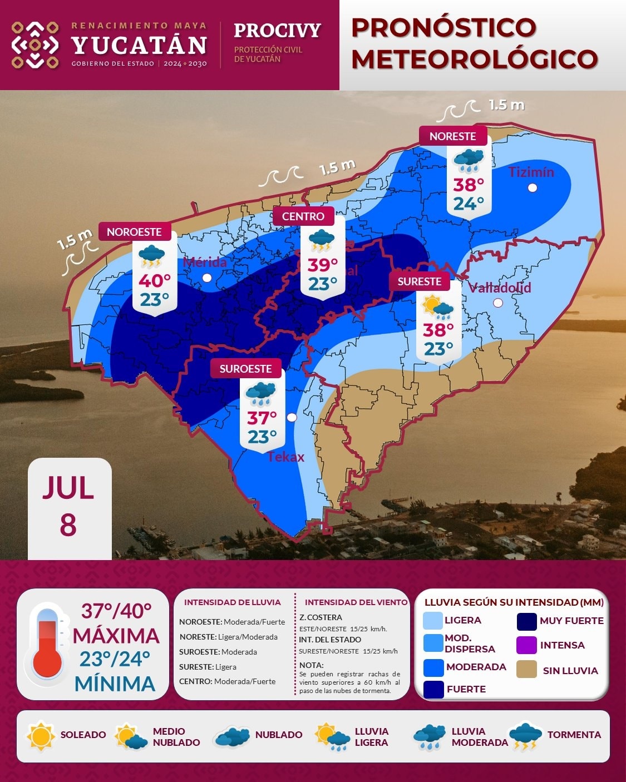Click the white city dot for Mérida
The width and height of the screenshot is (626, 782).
(x=207, y=278)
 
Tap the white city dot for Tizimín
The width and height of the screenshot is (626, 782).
(x=533, y=187)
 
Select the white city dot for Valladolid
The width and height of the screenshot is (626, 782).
(x=498, y=303)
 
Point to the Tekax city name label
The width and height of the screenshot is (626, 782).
(x=286, y=457)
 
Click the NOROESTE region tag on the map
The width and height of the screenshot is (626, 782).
(x=134, y=231)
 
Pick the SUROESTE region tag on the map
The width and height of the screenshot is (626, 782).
(x=245, y=369)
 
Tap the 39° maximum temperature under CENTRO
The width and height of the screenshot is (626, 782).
(x=323, y=265)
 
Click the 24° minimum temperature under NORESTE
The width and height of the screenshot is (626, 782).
(x=469, y=204)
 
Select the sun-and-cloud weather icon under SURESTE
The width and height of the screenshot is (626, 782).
(x=438, y=308)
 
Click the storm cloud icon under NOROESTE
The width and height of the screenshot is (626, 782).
(x=151, y=256)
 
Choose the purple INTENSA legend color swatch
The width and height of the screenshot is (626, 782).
(x=526, y=645)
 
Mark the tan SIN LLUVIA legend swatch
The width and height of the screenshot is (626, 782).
(x=526, y=670)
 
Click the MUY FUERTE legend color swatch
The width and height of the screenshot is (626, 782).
(x=526, y=621)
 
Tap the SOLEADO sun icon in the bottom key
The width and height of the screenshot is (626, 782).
(x=41, y=736)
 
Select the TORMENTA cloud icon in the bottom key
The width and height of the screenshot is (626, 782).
(x=525, y=736)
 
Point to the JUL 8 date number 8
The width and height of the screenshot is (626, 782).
(x=68, y=525)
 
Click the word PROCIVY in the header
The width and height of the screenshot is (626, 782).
(x=277, y=30)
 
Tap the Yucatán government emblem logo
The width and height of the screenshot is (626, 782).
(x=35, y=45)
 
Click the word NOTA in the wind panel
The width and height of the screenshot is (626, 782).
(x=310, y=665)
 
